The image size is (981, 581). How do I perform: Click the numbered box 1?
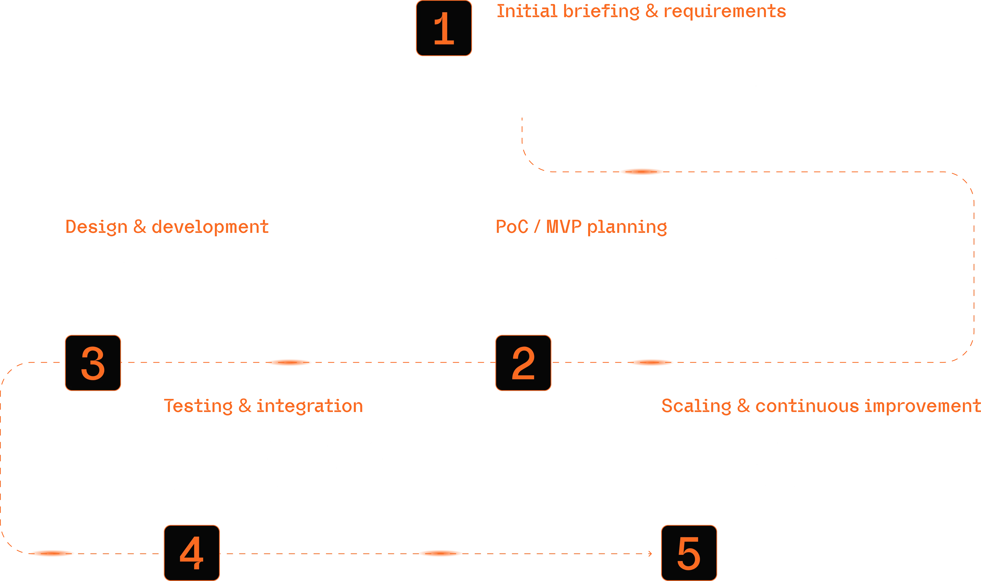[444, 28]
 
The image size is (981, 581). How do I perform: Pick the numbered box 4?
[192, 553]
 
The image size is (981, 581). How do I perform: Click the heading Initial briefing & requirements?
[641, 11]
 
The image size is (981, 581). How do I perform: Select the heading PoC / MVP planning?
[581, 227]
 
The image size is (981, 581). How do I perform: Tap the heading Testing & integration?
[263, 406]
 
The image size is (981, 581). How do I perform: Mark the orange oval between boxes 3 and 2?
[289, 363]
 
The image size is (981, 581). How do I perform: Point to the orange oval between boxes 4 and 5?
[440, 553]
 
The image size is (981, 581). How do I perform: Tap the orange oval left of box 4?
[51, 553]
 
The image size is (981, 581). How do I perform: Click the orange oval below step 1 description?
[642, 172]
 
